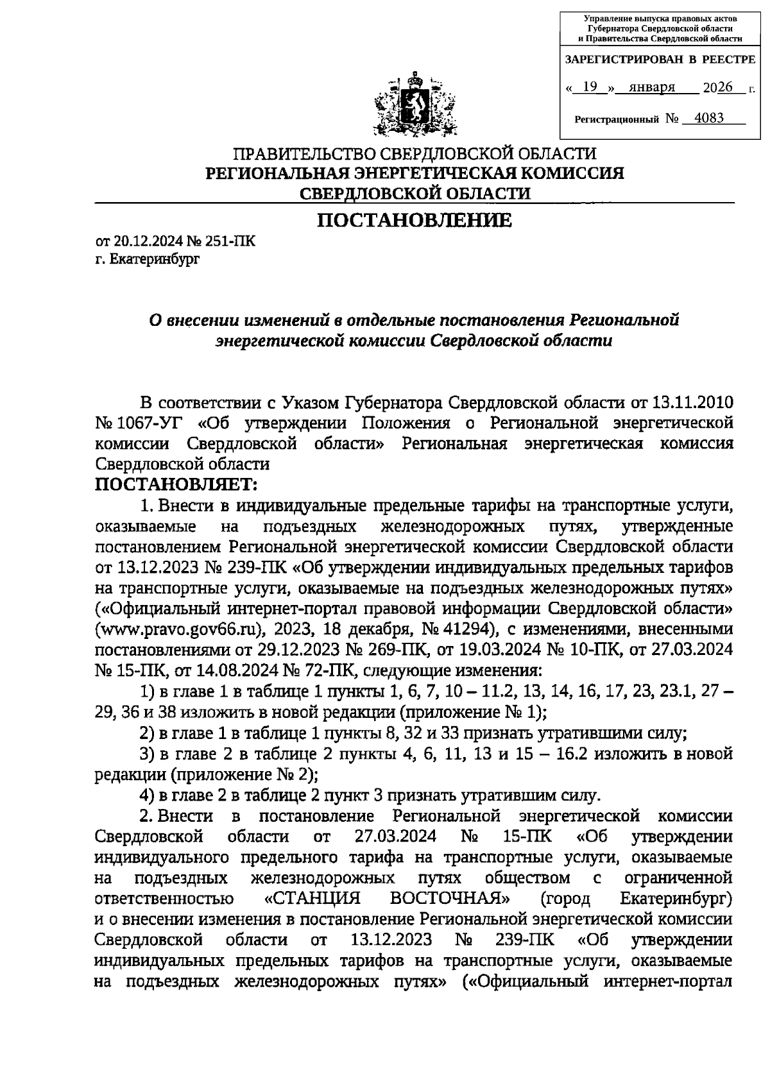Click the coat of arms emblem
click(414, 106)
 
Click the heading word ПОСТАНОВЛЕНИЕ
click(415, 221)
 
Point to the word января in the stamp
click(652, 88)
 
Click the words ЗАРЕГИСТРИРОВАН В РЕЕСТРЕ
click(659, 60)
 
